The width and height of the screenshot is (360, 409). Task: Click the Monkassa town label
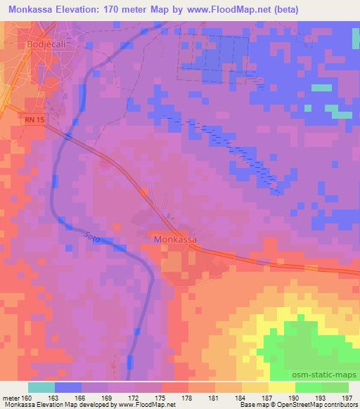click(x=174, y=240)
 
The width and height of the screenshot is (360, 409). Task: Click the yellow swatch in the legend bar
click(x=282, y=388)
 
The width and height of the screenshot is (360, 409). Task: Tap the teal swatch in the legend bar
click(x=41, y=388)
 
